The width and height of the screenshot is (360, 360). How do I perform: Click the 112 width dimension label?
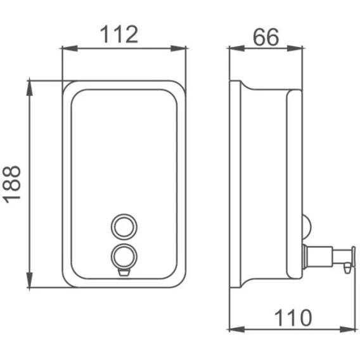click(119, 34)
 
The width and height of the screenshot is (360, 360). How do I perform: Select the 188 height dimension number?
click(11, 184)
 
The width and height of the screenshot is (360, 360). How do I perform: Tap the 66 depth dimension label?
click(266, 37)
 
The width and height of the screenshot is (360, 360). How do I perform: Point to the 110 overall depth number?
click(293, 318)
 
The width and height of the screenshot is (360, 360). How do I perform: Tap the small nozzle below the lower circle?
click(124, 273)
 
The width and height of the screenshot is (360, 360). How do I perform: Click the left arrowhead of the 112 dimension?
click(69, 48)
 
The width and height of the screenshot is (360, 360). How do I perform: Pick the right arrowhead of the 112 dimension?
click(178, 48)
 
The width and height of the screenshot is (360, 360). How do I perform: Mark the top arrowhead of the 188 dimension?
click(30, 88)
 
